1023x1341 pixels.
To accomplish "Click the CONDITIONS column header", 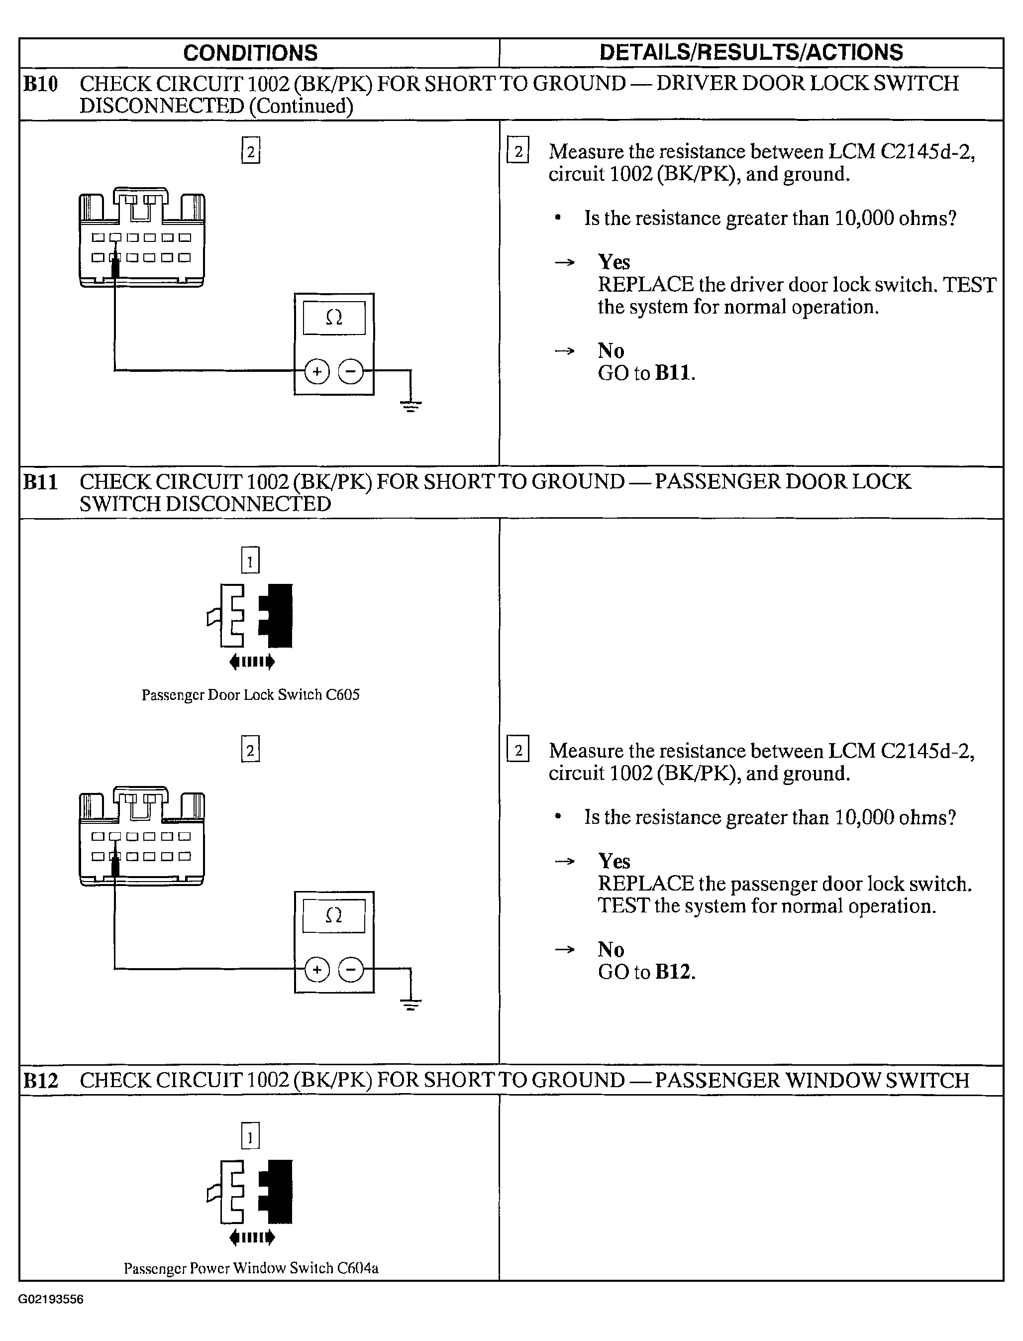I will pos(250,53).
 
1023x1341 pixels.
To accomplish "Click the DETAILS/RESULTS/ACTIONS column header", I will pos(751,52).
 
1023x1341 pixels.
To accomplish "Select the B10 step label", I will pos(40,84).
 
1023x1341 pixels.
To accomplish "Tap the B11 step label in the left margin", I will pos(40,482).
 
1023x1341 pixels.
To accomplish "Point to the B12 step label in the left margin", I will pos(40,1081).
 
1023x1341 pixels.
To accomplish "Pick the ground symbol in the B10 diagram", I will pos(411,405).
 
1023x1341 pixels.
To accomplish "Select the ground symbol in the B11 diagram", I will pos(411,1004).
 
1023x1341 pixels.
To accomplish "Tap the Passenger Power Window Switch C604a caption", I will pos(251,1268).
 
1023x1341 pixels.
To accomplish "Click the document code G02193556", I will pos(51,1299).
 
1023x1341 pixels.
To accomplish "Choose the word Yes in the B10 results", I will pos(614,262).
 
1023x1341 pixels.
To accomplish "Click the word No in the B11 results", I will pos(611,949).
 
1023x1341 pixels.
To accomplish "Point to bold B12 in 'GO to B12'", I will pos(674,972).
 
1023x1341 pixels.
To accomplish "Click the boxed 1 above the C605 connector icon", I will pos(250,560).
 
